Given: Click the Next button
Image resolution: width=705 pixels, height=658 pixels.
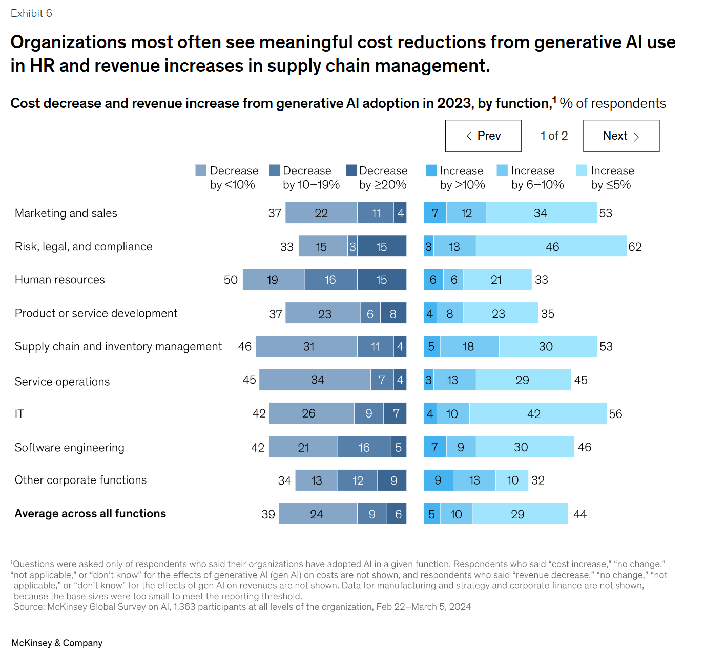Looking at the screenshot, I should point(621,136).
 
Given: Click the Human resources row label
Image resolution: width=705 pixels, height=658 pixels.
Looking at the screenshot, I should point(59,280).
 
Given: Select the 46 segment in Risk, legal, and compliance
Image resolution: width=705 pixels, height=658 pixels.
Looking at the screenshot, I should point(551,247).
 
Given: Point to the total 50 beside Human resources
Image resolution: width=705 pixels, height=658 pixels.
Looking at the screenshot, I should point(231,280).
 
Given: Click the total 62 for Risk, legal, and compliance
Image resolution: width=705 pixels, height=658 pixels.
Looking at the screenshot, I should point(635,247).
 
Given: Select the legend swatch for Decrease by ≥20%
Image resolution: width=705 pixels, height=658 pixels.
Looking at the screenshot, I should point(351,170).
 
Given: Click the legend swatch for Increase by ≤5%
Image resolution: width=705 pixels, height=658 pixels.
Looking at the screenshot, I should point(582,170).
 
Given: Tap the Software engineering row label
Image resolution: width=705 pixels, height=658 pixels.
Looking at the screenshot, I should point(69,448).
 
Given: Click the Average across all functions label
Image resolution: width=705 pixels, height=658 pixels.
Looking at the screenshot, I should point(90,514).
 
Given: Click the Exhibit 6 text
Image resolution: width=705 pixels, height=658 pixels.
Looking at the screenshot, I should point(31,13).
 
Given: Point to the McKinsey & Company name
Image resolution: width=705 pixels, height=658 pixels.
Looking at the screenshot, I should point(57,643).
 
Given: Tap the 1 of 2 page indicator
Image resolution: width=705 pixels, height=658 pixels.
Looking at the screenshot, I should point(554,136).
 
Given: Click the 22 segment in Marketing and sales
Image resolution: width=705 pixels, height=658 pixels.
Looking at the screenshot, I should point(321,213).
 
